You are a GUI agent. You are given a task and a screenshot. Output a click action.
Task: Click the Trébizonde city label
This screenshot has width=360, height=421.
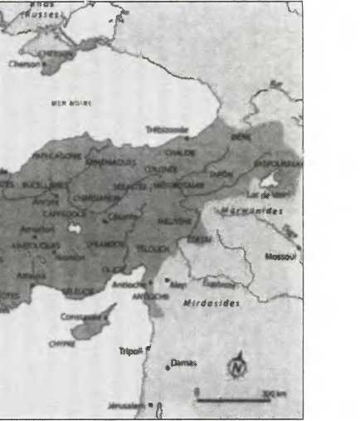point(167,130)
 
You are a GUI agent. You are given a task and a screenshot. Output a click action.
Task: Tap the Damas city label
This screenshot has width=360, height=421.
point(181,362)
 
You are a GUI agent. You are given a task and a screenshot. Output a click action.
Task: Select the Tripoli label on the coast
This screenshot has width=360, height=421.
point(130,350)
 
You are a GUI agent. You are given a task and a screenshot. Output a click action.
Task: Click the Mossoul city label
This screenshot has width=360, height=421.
point(280,257)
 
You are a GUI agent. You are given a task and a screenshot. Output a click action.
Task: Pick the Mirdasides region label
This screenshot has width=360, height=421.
point(211,303)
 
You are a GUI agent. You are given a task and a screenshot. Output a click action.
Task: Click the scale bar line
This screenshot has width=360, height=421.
point(232,400)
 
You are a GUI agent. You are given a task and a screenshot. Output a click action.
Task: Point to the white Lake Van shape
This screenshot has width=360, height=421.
point(271,180)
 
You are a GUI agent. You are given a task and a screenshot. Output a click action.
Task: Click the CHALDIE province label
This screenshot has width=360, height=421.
point(178,153)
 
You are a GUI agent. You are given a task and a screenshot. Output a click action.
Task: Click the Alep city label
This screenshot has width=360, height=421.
point(176,284)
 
